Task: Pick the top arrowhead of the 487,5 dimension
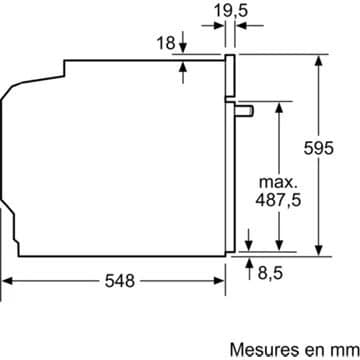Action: click(281, 105)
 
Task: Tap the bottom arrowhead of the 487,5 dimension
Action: click(281, 247)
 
